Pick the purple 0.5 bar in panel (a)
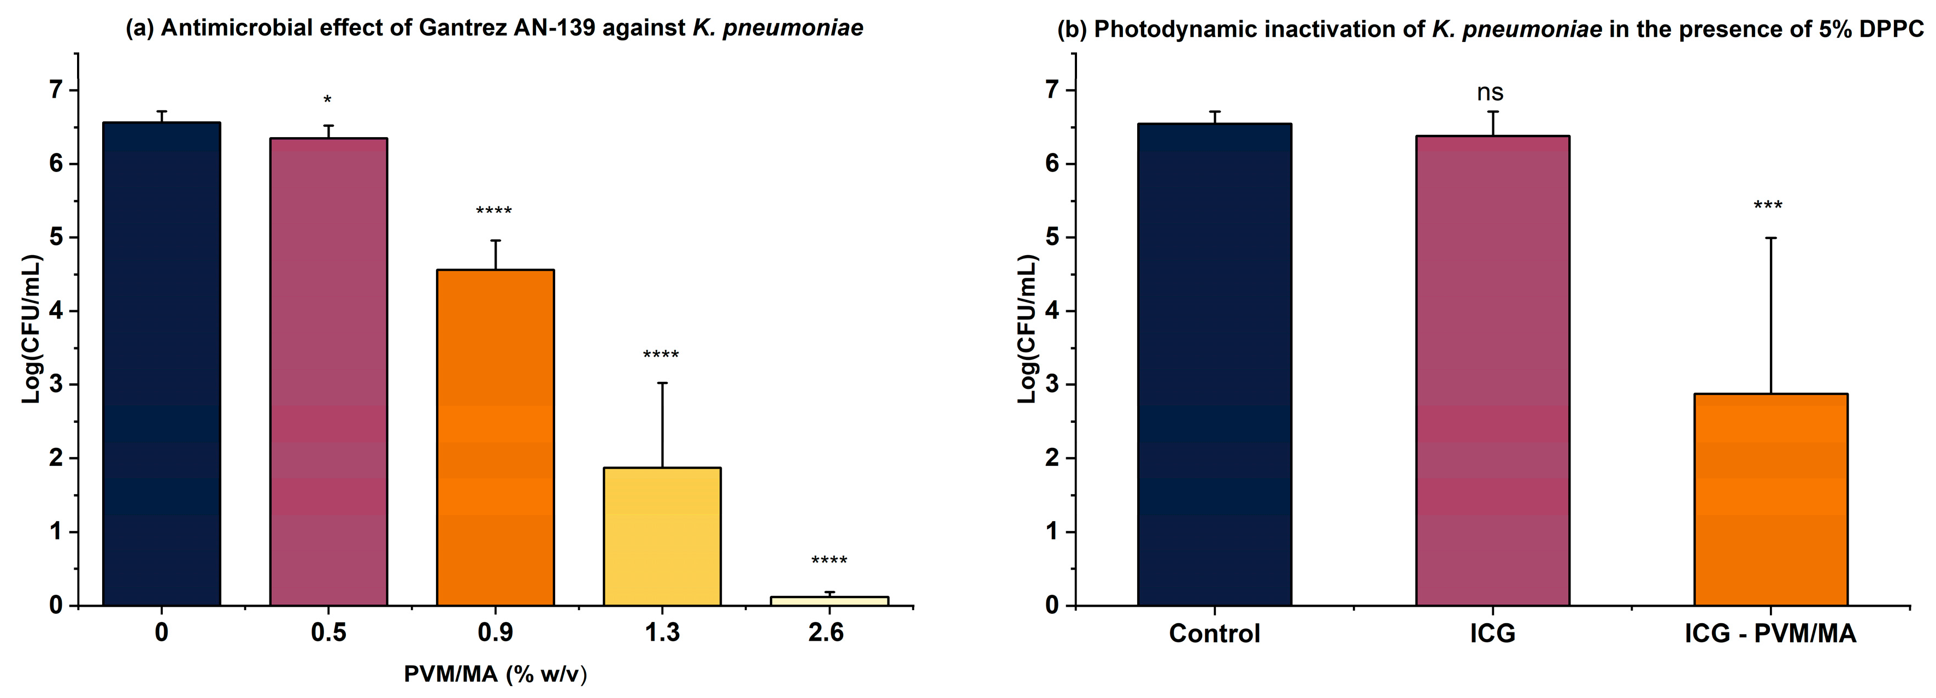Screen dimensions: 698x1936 coord(328,372)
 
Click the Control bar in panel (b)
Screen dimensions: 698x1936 coord(1215,364)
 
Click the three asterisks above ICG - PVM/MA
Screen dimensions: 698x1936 coord(1768,205)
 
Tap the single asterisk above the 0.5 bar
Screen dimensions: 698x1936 coord(327,100)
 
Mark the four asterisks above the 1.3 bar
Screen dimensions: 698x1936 coord(661,354)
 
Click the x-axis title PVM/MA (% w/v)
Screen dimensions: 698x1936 coord(495,674)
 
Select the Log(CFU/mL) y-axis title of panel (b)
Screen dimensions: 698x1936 coord(1027,329)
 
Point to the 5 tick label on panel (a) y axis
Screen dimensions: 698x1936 coord(56,238)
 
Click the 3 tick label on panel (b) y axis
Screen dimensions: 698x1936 coord(1051,385)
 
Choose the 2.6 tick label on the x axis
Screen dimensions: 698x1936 coord(826,632)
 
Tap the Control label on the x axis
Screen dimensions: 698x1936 coord(1215,634)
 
